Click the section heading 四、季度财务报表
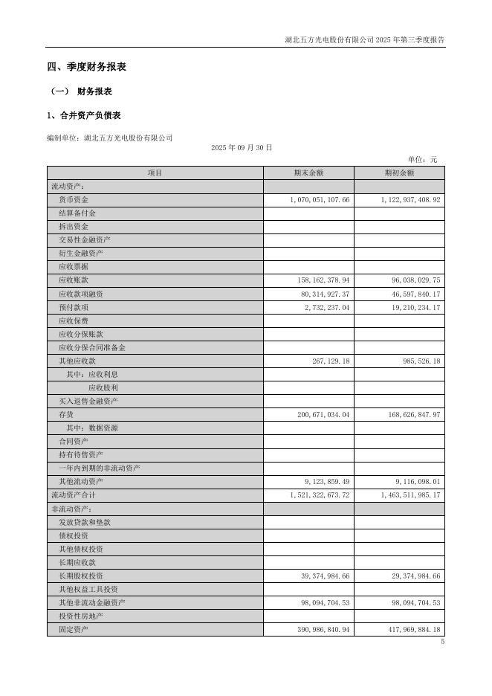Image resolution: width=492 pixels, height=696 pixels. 86,67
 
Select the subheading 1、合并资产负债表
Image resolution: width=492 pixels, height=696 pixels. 83,115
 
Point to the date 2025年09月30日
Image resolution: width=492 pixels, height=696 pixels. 242,148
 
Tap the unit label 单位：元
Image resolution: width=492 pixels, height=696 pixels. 423,160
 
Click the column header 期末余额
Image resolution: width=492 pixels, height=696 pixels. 308,173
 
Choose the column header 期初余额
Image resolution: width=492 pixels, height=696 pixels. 399,173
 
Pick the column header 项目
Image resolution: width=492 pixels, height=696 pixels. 155,173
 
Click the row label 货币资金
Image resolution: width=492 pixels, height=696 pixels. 74,200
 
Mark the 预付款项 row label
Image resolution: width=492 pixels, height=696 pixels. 74,307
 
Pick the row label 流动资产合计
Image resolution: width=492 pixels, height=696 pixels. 73,494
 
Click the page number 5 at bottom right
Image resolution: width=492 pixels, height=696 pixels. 442,642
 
